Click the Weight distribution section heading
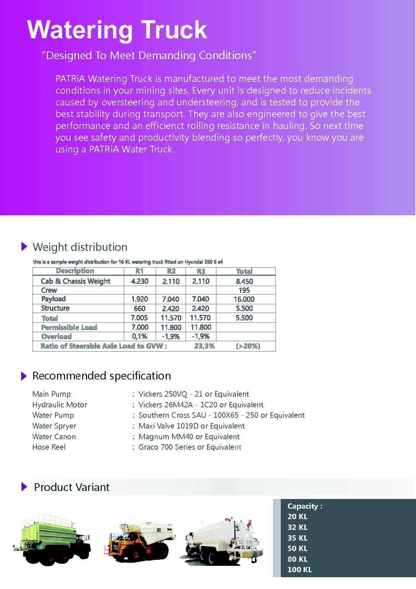(x=80, y=247)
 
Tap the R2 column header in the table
(x=171, y=271)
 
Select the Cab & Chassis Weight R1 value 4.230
(x=140, y=281)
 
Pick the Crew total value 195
(x=244, y=290)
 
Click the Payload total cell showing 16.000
(x=244, y=299)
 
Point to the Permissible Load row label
(x=69, y=327)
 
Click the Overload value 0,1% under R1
(x=140, y=336)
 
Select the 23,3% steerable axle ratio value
(x=204, y=346)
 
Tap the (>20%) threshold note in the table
(x=248, y=346)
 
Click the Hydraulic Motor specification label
(x=60, y=405)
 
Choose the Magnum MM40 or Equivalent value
(x=189, y=437)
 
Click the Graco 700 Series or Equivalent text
(x=190, y=447)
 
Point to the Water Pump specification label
(x=53, y=415)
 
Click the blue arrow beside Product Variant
(x=24, y=487)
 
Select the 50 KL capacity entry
(x=297, y=548)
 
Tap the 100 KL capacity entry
(x=299, y=570)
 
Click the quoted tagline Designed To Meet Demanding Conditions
(x=148, y=55)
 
